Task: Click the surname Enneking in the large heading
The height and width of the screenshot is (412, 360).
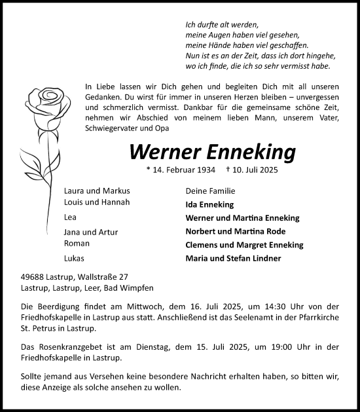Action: point(251,152)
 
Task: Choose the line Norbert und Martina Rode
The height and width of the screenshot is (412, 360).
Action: point(236,231)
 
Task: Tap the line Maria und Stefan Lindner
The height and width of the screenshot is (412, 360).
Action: point(233,258)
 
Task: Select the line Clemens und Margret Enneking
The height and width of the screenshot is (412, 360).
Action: point(245,245)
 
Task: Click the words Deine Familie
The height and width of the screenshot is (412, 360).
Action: point(210,191)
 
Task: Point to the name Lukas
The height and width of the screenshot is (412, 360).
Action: point(75,258)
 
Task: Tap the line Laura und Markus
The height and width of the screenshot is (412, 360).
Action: point(96,191)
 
